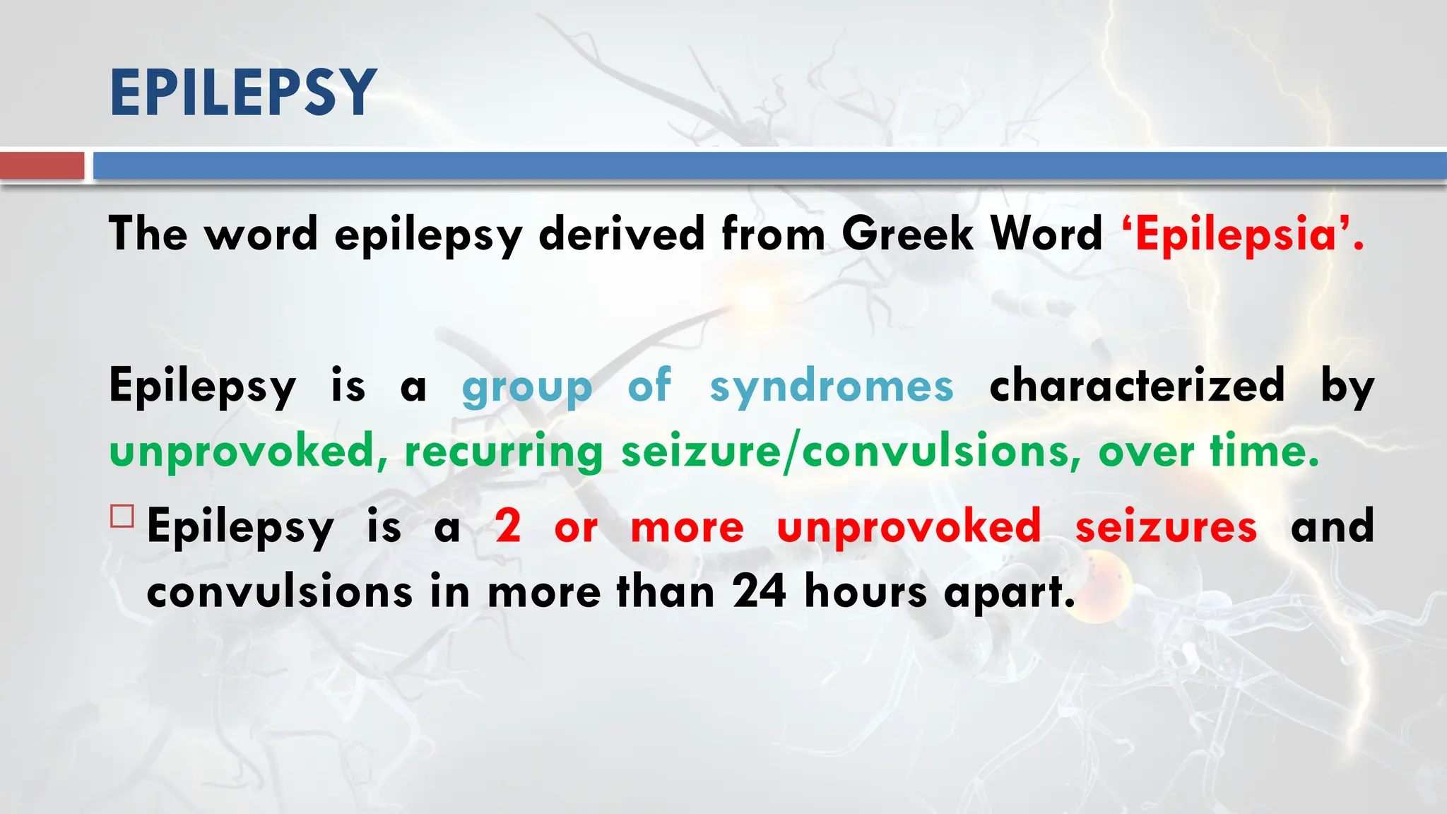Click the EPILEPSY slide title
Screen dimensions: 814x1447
(x=242, y=93)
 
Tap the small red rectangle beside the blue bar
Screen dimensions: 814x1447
(x=42, y=166)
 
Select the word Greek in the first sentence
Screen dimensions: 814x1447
(x=907, y=234)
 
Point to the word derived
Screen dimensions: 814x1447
(x=621, y=234)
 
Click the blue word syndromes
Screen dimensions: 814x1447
(x=832, y=387)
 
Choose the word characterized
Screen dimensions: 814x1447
(x=1136, y=386)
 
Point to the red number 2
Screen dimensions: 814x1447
(x=508, y=527)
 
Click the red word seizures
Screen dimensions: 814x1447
(x=1166, y=527)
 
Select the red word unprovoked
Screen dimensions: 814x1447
(x=909, y=527)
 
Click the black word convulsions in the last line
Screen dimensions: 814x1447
(x=279, y=592)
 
